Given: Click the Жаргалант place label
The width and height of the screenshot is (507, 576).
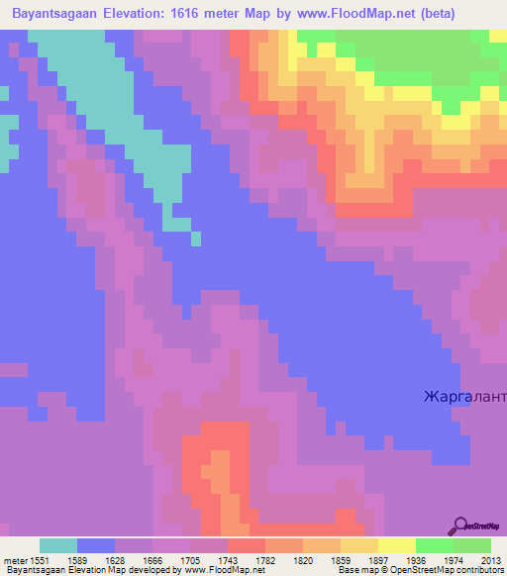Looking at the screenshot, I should [463, 398].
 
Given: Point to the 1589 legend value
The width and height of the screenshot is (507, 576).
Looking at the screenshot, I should [75, 559].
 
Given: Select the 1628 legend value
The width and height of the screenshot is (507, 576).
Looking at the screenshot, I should [113, 559].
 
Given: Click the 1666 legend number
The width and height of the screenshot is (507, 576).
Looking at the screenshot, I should [152, 559].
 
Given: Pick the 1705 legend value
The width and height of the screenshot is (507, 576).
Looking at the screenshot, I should [189, 559].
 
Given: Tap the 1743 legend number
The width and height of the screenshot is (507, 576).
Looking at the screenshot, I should [227, 559].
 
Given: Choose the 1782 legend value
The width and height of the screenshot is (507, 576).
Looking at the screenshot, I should [265, 559].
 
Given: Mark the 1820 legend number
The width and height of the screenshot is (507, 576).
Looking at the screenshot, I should [303, 559].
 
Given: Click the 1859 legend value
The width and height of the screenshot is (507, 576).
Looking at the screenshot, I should [341, 559].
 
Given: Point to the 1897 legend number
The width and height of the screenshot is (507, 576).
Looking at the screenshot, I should [378, 559].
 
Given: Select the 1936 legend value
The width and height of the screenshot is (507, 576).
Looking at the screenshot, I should [416, 559].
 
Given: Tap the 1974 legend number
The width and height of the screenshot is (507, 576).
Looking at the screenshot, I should [454, 559].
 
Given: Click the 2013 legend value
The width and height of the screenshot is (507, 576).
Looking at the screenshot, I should [490, 559].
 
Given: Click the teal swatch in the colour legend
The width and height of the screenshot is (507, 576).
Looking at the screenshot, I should [57, 545].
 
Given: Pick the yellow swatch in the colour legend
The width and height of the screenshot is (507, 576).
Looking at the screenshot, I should [397, 545].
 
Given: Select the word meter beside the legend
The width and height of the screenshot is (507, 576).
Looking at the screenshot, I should [14, 559].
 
